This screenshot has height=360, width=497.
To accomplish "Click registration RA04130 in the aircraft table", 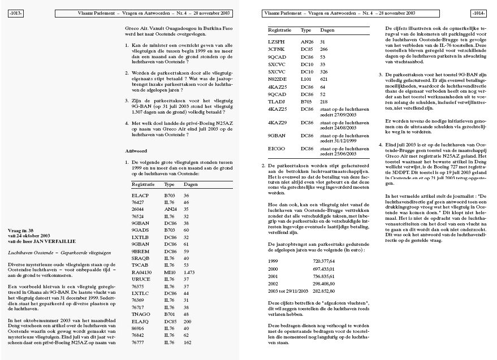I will [x=141, y=272].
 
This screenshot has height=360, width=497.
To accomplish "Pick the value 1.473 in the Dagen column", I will [x=190, y=272].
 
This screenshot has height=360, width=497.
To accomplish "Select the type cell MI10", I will [x=169, y=272].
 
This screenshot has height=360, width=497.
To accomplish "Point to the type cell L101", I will [x=306, y=80].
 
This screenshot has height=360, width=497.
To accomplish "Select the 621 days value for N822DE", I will [x=324, y=80].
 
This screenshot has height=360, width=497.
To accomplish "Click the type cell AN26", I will [x=306, y=41].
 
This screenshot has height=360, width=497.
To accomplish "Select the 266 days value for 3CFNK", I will [x=324, y=49].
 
